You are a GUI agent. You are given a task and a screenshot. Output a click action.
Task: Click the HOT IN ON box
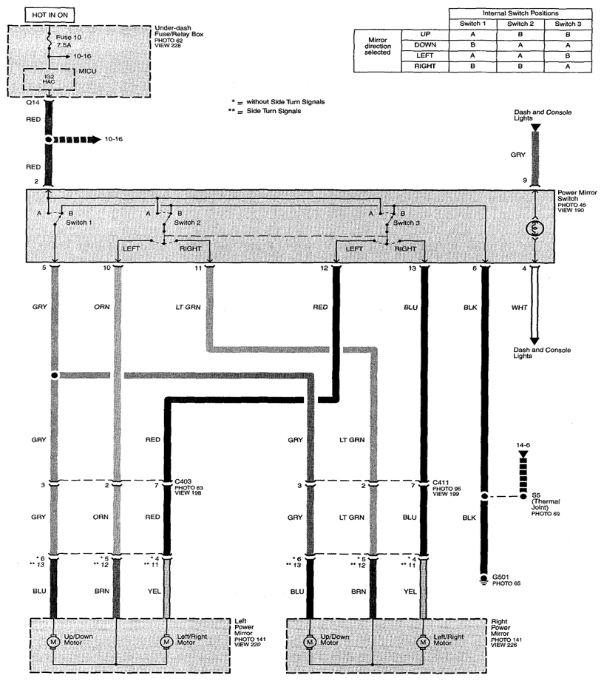coord(50,15)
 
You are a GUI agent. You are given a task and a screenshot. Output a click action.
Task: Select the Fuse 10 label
coord(69,38)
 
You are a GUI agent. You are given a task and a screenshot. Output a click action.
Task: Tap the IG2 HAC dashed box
coord(49,79)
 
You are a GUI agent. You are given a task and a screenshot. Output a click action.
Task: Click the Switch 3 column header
coord(568,24)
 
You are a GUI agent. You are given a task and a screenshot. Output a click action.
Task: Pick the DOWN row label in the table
coord(425,44)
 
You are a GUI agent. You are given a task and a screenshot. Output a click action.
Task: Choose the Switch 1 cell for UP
coord(472,34)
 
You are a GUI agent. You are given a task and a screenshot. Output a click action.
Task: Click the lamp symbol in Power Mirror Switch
coord(535,228)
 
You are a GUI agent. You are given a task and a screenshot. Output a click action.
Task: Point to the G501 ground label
coord(500,577)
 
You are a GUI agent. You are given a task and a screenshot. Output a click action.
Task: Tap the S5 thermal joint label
coord(536,495)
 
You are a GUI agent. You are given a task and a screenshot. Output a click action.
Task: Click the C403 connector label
coord(183,481)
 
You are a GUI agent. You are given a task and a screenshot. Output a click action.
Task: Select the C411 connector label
coord(441,483)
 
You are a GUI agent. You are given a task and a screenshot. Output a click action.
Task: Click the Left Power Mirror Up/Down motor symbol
coord(53,642)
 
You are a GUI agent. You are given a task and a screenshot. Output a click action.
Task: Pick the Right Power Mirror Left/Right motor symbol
coord(422,642)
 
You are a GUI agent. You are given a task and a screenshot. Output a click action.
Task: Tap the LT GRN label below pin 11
coord(188,307)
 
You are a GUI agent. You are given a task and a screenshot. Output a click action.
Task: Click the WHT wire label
coord(519,308)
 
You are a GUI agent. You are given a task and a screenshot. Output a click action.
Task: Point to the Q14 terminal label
coord(33,103)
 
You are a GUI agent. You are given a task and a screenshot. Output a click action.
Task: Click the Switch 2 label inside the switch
coord(187,223)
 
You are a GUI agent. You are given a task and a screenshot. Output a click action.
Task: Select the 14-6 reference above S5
coord(523,445)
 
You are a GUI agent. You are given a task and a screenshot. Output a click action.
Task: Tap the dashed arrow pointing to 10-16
coord(76,140)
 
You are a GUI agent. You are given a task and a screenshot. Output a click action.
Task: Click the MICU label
coord(87,71)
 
